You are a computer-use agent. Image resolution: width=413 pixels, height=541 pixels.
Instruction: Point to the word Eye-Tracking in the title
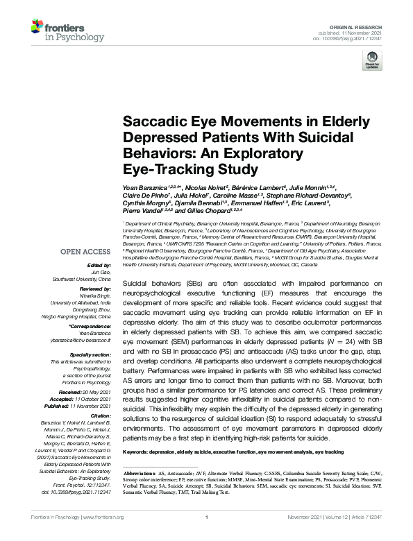tap(165, 168)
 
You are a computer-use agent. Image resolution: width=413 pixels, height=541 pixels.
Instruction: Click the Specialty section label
tap(92, 354)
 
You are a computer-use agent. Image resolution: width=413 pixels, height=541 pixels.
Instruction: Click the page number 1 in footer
tap(207, 536)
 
